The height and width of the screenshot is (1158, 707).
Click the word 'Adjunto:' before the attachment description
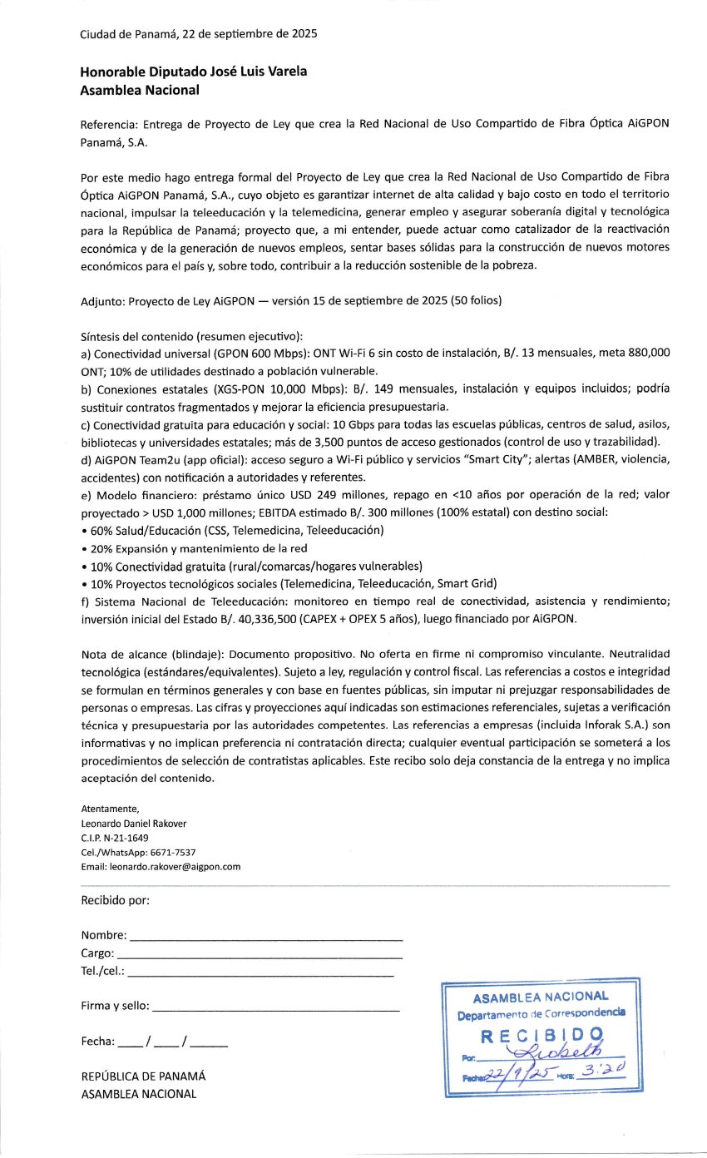(x=104, y=300)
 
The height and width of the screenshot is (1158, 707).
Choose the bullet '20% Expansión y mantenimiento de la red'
(x=198, y=547)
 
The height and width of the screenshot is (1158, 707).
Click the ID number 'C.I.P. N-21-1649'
(x=115, y=838)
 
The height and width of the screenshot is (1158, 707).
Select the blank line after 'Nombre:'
(x=266, y=938)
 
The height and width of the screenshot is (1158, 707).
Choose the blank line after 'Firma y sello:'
(x=275, y=1008)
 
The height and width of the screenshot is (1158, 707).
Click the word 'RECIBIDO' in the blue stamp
(x=542, y=1036)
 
